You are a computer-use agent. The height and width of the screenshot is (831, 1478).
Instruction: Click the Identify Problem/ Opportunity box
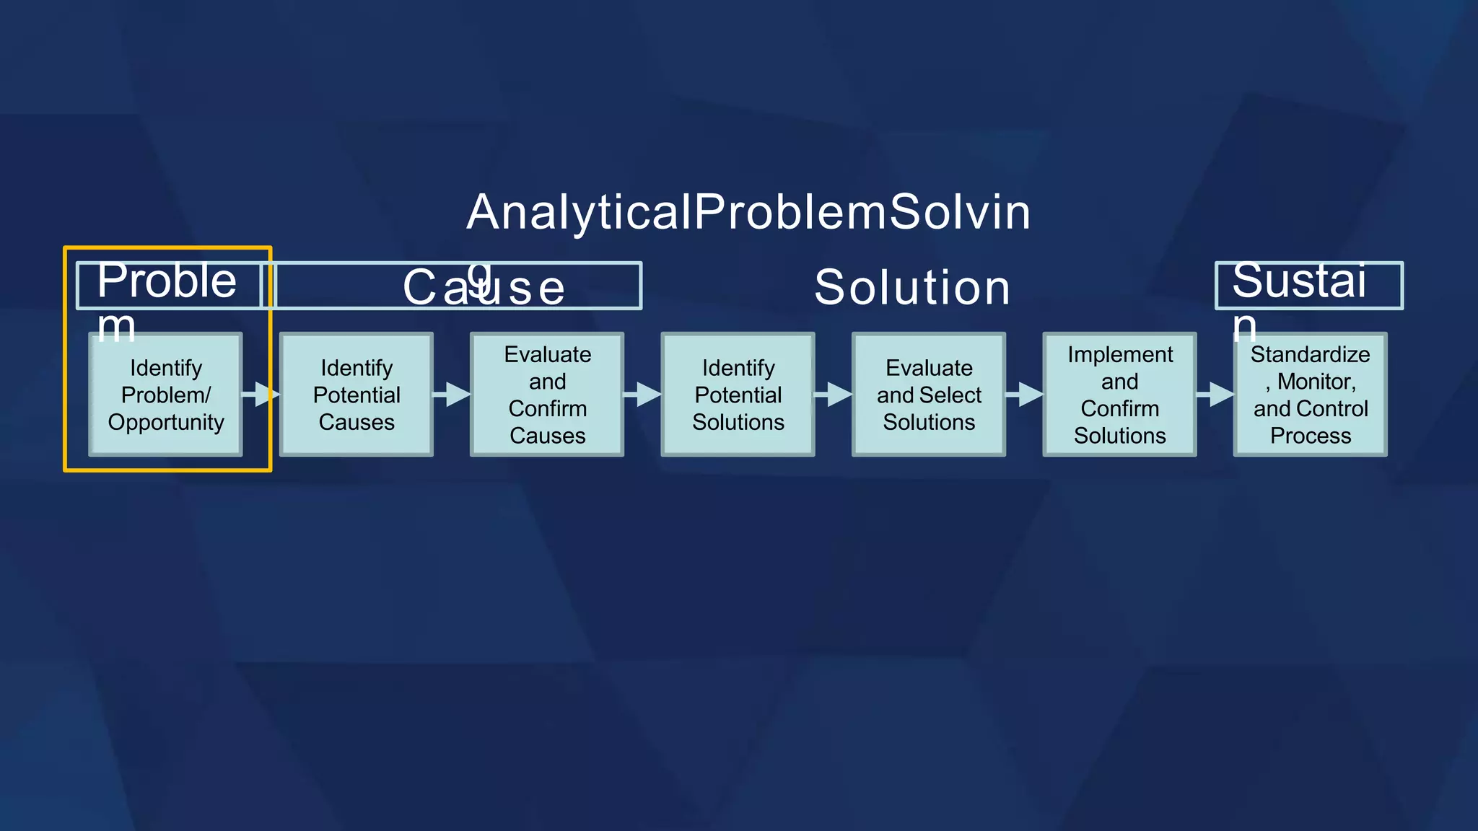click(x=165, y=395)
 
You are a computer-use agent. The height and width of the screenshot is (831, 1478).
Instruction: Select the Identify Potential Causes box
click(x=357, y=395)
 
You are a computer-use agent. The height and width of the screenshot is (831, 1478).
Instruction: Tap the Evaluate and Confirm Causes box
click(x=547, y=395)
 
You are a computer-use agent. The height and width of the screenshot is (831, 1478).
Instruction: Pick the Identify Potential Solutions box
click(x=738, y=395)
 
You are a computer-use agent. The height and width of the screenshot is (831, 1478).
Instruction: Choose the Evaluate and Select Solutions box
click(x=929, y=395)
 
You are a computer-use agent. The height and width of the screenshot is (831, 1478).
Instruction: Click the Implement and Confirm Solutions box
click(x=1119, y=395)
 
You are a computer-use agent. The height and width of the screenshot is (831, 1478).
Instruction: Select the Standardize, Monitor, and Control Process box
click(x=1310, y=395)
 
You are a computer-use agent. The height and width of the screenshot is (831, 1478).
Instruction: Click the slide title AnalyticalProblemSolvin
click(x=748, y=213)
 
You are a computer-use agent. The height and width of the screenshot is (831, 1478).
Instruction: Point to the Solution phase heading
click(x=912, y=287)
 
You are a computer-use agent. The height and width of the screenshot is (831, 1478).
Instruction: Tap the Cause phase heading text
click(x=484, y=287)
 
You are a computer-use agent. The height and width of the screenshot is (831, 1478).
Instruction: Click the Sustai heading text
click(x=1298, y=281)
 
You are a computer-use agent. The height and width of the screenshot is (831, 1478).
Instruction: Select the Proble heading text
click(x=167, y=281)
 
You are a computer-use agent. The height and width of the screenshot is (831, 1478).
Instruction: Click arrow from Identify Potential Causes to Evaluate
click(x=452, y=395)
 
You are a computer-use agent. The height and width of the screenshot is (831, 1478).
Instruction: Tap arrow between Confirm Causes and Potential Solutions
click(x=643, y=395)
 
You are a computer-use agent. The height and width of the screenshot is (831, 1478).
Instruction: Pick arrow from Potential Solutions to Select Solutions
click(x=834, y=395)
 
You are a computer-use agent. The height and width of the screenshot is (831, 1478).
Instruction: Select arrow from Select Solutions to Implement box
click(x=1025, y=395)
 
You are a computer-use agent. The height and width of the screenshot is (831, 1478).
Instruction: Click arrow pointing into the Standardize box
click(x=1215, y=395)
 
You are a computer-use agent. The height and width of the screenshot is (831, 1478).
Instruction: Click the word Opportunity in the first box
click(x=166, y=422)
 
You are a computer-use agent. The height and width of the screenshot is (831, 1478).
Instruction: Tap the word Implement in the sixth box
click(x=1120, y=355)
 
